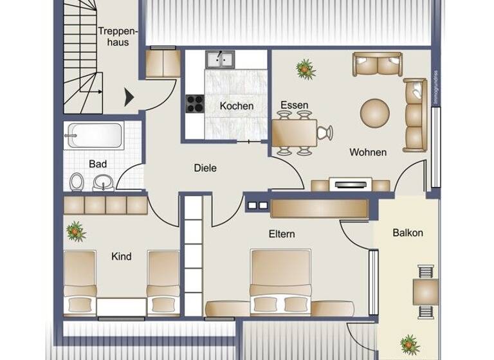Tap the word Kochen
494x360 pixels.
pyautogui.click(x=236, y=106)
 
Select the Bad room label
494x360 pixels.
pyautogui.click(x=98, y=165)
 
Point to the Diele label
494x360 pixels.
pyautogui.click(x=205, y=168)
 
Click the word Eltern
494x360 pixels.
pyautogui.click(x=282, y=234)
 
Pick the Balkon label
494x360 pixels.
pyautogui.click(x=408, y=233)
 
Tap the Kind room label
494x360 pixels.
pyautogui.click(x=121, y=256)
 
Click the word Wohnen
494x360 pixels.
pyautogui.click(x=368, y=152)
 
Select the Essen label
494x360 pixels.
pyautogui.click(x=294, y=105)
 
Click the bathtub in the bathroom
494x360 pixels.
pyautogui.click(x=94, y=135)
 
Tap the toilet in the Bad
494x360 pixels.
pyautogui.click(x=77, y=182)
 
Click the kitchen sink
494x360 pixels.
pyautogui.click(x=220, y=60)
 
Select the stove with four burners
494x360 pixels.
pyautogui.click(x=195, y=104)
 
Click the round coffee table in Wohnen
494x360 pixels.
pyautogui.click(x=374, y=112)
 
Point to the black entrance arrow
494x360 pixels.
pyautogui.click(x=129, y=97)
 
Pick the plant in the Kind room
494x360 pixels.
pyautogui.click(x=75, y=230)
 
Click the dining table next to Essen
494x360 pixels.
pyautogui.click(x=294, y=133)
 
